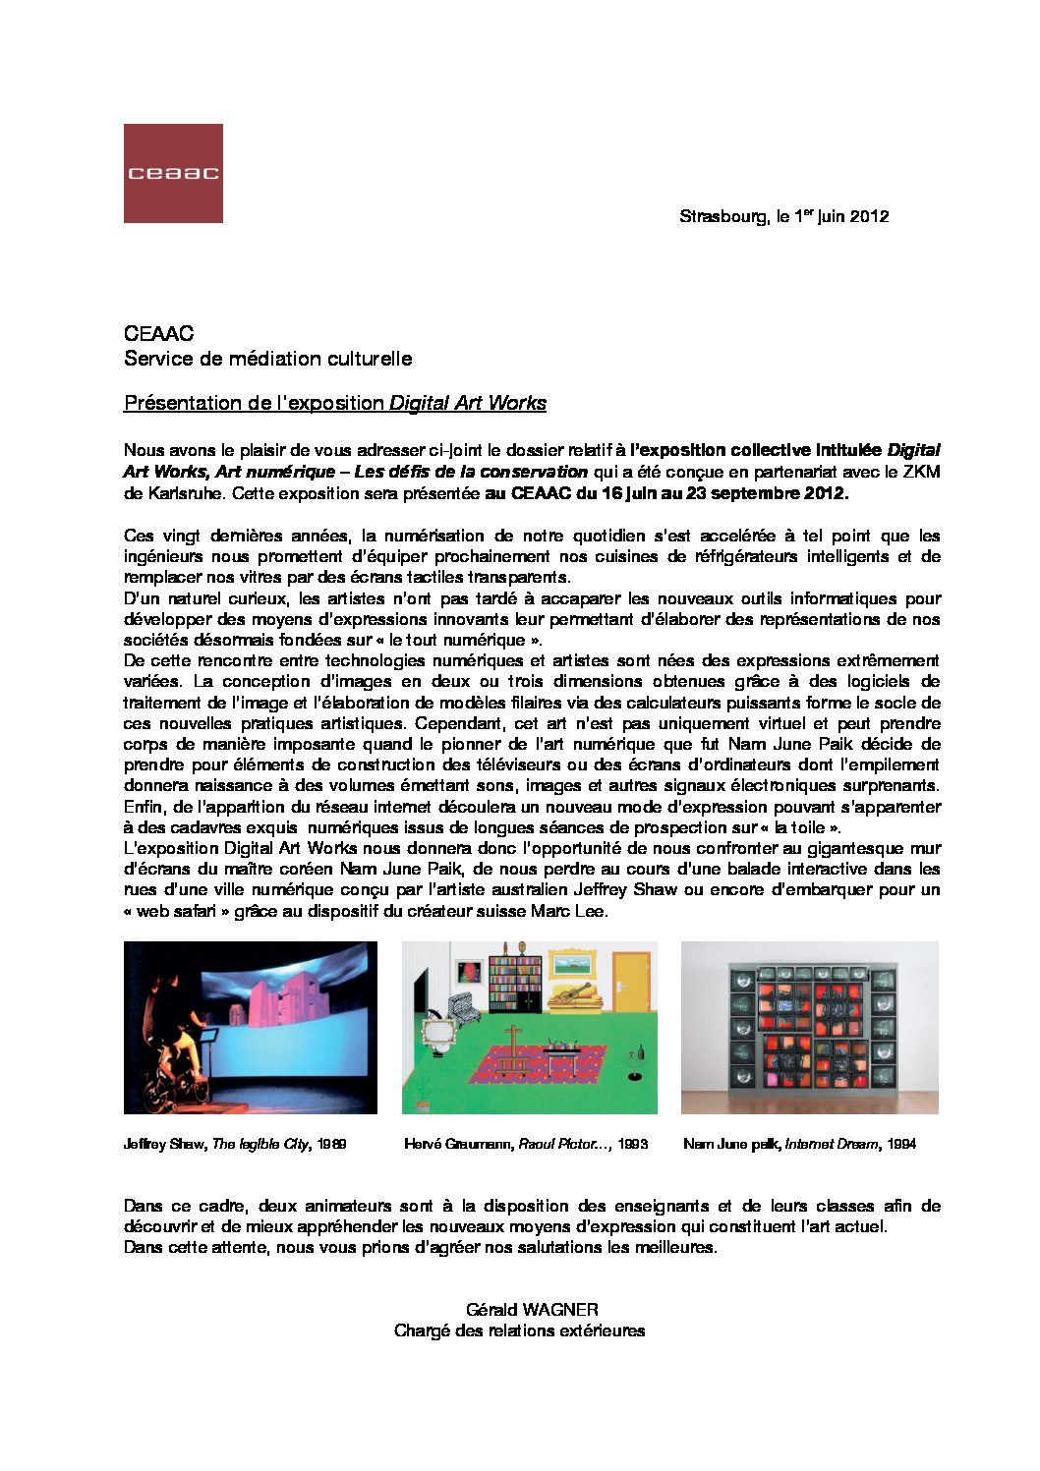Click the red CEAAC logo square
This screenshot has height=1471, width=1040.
pos(173,173)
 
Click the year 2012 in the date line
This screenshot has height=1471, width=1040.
pos(870,216)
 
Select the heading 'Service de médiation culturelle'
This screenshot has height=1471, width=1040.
pos(267,359)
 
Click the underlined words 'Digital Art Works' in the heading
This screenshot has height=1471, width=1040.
pos(468,403)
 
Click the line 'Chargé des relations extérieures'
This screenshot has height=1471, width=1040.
pos(519,1330)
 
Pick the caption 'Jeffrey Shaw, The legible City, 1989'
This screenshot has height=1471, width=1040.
pos(235,1144)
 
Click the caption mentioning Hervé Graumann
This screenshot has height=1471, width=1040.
pos(526,1144)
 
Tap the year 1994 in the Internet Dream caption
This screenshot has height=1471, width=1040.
pos(899,1144)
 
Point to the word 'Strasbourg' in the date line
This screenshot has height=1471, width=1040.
pos(722,216)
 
